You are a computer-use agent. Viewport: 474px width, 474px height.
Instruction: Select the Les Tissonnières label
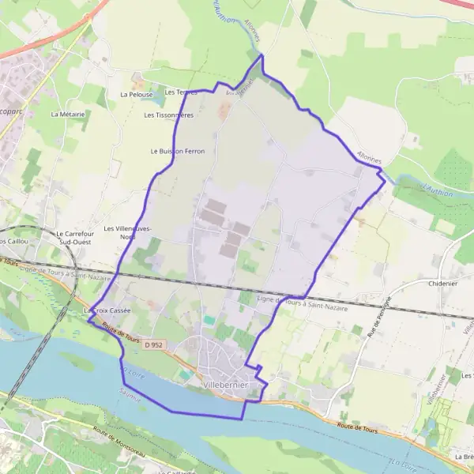[x=168, y=115]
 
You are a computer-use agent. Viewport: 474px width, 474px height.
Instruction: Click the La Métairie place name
[x=67, y=114]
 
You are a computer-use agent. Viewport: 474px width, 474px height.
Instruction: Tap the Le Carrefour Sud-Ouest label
[x=76, y=238]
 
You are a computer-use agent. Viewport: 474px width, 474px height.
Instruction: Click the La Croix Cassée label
[x=107, y=310]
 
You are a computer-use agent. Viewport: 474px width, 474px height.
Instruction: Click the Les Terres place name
[x=181, y=92]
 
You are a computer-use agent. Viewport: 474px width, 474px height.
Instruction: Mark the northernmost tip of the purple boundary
[x=261, y=55]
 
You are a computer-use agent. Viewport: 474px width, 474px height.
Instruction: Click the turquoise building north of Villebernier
[x=209, y=319]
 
